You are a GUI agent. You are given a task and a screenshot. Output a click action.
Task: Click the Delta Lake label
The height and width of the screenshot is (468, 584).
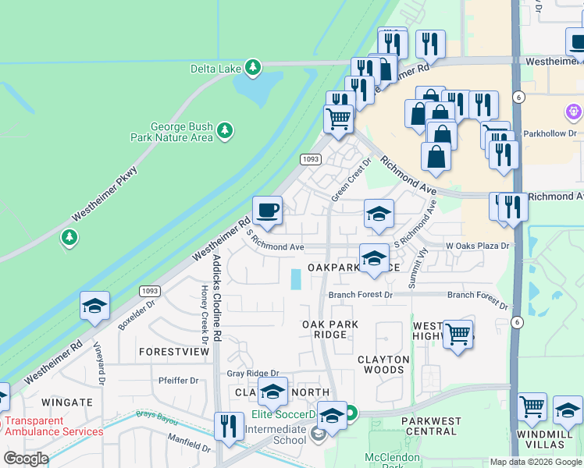point(216,69)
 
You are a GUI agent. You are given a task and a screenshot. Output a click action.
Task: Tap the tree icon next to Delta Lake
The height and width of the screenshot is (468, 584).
point(252,68)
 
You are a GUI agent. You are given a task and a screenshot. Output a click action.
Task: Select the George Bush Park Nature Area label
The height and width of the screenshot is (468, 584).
point(181,132)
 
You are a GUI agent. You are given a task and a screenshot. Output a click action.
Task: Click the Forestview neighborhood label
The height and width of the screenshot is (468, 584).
point(174,352)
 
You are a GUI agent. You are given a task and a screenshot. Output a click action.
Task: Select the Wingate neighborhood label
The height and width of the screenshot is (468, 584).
point(67,402)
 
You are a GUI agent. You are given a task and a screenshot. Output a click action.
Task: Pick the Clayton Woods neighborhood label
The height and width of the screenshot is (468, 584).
point(383,366)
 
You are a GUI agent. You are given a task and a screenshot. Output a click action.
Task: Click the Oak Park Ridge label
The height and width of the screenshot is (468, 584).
point(330,329)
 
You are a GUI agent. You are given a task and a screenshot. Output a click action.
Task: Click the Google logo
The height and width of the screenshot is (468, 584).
point(26,459)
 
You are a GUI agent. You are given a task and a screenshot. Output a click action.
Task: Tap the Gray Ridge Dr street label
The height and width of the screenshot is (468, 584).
point(253,374)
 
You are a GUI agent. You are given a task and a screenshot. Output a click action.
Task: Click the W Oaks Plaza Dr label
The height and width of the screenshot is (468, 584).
point(477,246)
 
